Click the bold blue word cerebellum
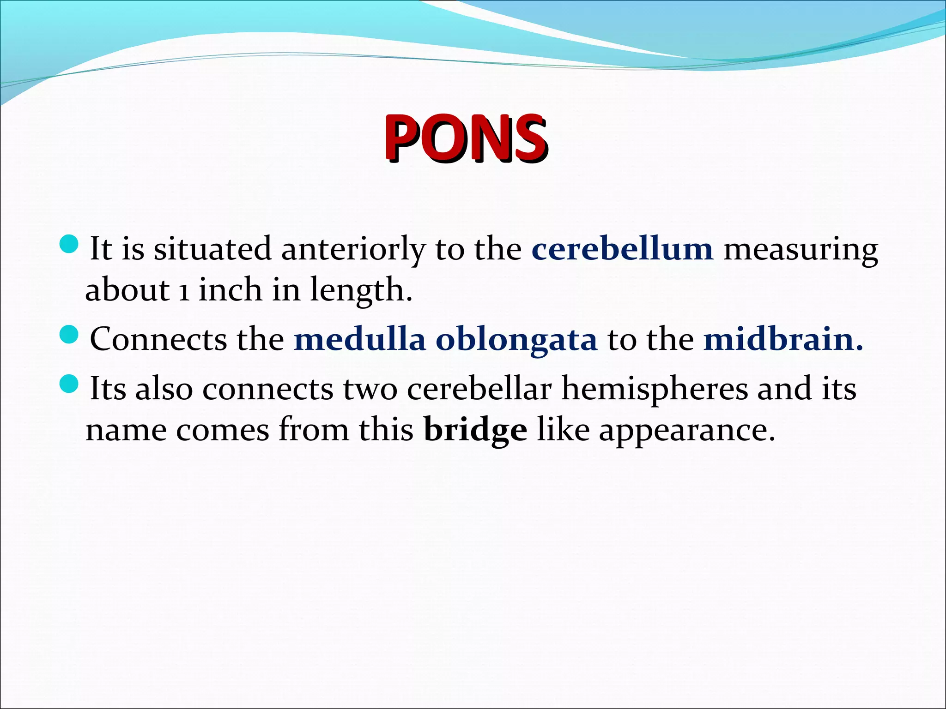[622, 249]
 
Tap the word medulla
[360, 339]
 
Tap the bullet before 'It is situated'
[70, 244]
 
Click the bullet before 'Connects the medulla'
[70, 334]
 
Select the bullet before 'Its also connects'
[70, 384]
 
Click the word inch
[230, 290]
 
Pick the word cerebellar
[479, 389]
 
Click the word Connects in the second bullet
[158, 339]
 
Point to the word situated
[212, 249]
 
